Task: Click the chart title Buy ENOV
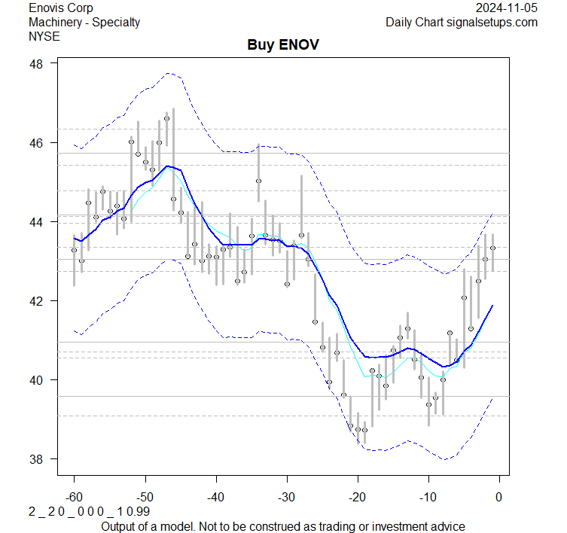click(x=283, y=45)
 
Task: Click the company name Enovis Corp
click(x=61, y=8)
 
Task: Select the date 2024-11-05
click(x=507, y=8)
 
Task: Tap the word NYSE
click(x=44, y=35)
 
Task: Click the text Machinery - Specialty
click(x=84, y=22)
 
